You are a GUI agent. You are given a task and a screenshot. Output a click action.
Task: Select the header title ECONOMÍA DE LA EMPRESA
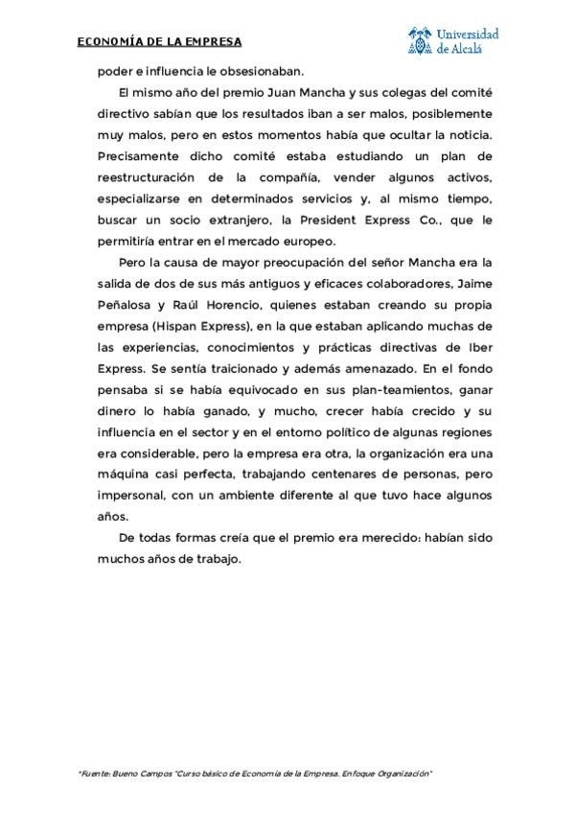coord(159,41)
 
